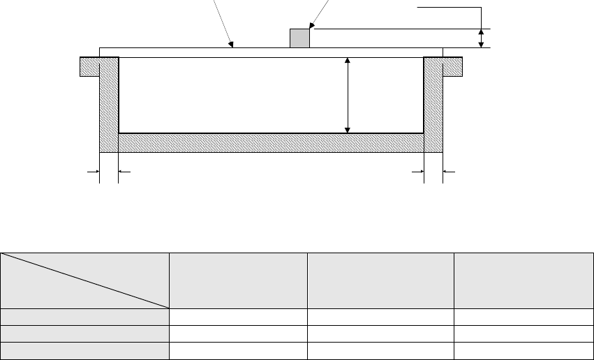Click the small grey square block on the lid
point(299,38)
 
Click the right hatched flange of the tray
point(453,66)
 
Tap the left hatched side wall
point(109,105)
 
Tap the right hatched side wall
point(433,105)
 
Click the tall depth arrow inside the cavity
point(348,96)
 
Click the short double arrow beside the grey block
point(481,38)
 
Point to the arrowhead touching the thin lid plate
point(232,45)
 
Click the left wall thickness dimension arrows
point(109,170)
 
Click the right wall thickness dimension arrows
point(433,170)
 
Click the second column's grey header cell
point(238,280)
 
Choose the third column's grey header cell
point(380,280)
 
